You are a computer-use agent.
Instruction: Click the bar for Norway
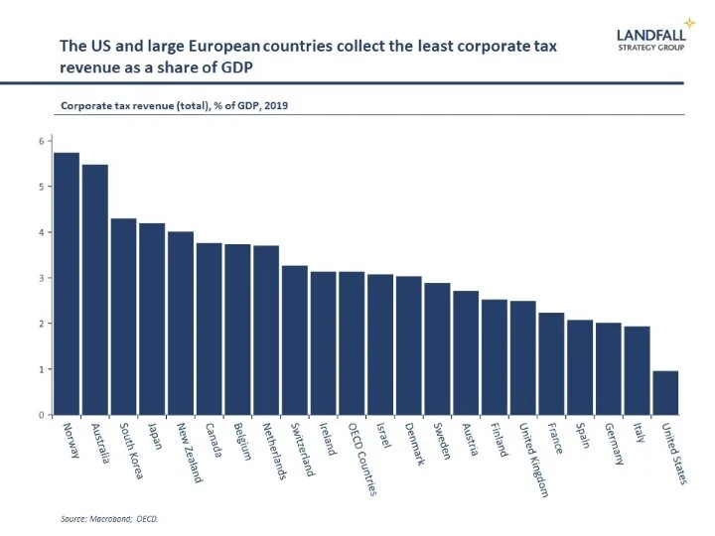tap(67, 284)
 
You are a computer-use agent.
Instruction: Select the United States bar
tap(665, 393)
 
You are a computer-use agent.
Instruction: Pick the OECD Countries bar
tap(352, 343)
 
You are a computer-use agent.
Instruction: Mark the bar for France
tap(551, 363)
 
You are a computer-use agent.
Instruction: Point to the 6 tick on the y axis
tap(42, 141)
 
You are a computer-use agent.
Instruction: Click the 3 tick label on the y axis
tap(42, 278)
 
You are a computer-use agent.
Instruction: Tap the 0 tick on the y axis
tap(42, 415)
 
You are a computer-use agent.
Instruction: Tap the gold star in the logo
tap(689, 22)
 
